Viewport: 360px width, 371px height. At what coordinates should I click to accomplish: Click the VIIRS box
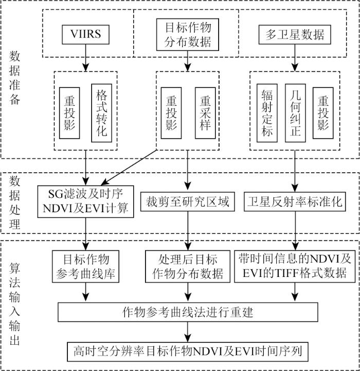pos(85,34)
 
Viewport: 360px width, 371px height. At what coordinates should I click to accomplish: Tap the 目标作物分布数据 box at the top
pos(188,34)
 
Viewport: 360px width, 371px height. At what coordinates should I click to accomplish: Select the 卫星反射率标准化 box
pos(294,200)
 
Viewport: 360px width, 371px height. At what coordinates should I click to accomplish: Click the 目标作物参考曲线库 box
pos(86,266)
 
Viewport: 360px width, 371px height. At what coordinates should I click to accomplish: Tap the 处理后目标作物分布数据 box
pos(188,266)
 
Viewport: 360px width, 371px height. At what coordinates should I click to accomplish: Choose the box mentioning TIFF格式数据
pos(295,266)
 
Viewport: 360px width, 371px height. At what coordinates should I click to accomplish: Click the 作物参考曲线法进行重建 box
pos(188,312)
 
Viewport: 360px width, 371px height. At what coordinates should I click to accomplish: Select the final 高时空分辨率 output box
pos(188,352)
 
